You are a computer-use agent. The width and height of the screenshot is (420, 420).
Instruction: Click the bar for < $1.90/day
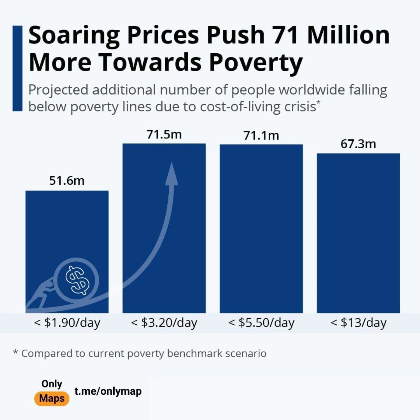point(67,233)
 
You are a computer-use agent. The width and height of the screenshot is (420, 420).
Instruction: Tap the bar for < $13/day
point(359,233)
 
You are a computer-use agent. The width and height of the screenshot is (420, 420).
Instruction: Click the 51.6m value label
point(67,181)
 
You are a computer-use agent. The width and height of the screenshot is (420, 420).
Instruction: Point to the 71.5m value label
point(164,134)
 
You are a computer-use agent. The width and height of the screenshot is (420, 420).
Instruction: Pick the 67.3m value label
point(359,144)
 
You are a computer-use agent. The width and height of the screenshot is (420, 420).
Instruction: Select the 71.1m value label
point(261,135)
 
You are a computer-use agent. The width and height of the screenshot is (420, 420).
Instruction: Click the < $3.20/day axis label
point(164,323)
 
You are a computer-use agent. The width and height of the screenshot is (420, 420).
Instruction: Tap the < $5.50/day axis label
point(261,323)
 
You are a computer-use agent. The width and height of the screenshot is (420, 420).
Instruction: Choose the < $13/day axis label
point(359,323)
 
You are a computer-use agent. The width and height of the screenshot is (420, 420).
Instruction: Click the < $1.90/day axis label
point(67,323)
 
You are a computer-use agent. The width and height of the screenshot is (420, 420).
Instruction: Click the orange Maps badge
point(52,399)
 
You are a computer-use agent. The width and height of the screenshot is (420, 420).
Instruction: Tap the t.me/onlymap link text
point(108,391)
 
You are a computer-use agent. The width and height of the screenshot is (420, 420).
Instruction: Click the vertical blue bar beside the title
point(17,68)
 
